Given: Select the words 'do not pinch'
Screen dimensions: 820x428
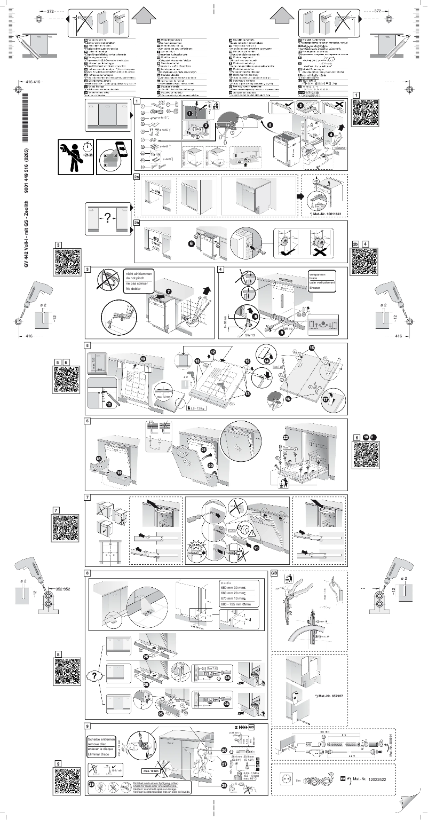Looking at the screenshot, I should [x=137, y=278].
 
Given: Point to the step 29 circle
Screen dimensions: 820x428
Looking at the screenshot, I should [x=92, y=784].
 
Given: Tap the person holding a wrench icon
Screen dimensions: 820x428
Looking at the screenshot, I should [x=75, y=153].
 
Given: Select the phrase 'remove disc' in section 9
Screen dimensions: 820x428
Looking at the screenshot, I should [x=98, y=743].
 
